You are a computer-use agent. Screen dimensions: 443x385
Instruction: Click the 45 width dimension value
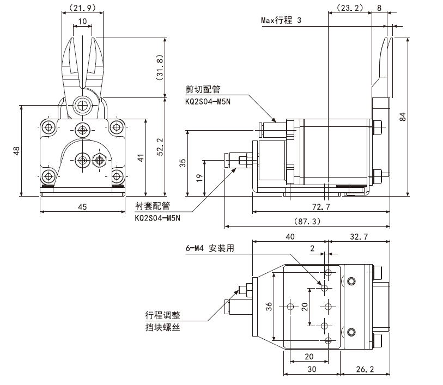coord(82,207)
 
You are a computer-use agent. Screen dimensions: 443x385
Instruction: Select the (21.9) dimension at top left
coord(82,8)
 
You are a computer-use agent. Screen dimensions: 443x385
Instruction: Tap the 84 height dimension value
coord(403,117)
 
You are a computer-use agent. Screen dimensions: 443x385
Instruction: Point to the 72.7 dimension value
coord(321,207)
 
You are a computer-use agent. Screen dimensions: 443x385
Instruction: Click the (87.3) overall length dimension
coord(307,221)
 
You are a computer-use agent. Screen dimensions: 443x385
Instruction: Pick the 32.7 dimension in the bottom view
coord(359,236)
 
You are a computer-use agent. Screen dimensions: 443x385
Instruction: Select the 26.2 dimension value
coord(365,369)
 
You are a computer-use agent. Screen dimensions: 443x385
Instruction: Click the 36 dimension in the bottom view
coord(269,306)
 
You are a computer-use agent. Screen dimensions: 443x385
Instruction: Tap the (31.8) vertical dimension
coord(160,68)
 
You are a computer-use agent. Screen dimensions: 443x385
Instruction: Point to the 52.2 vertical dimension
coord(160,147)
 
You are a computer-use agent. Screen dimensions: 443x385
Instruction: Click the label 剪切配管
coord(203,89)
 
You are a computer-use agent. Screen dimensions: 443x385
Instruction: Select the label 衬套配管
coord(153,206)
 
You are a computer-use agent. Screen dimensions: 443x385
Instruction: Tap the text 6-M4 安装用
coord(210,248)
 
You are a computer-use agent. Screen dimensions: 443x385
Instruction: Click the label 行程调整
coord(163,315)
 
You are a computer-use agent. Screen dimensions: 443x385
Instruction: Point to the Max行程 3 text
coord(281,20)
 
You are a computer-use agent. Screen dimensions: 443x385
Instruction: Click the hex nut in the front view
coord(99,160)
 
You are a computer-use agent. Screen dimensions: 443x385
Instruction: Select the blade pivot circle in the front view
coord(82,106)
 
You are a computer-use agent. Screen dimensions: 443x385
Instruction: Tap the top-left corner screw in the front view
coord(48,127)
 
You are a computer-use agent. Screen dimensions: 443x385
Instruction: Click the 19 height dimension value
coord(199,178)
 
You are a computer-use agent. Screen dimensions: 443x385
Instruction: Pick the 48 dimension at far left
coord(16,151)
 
